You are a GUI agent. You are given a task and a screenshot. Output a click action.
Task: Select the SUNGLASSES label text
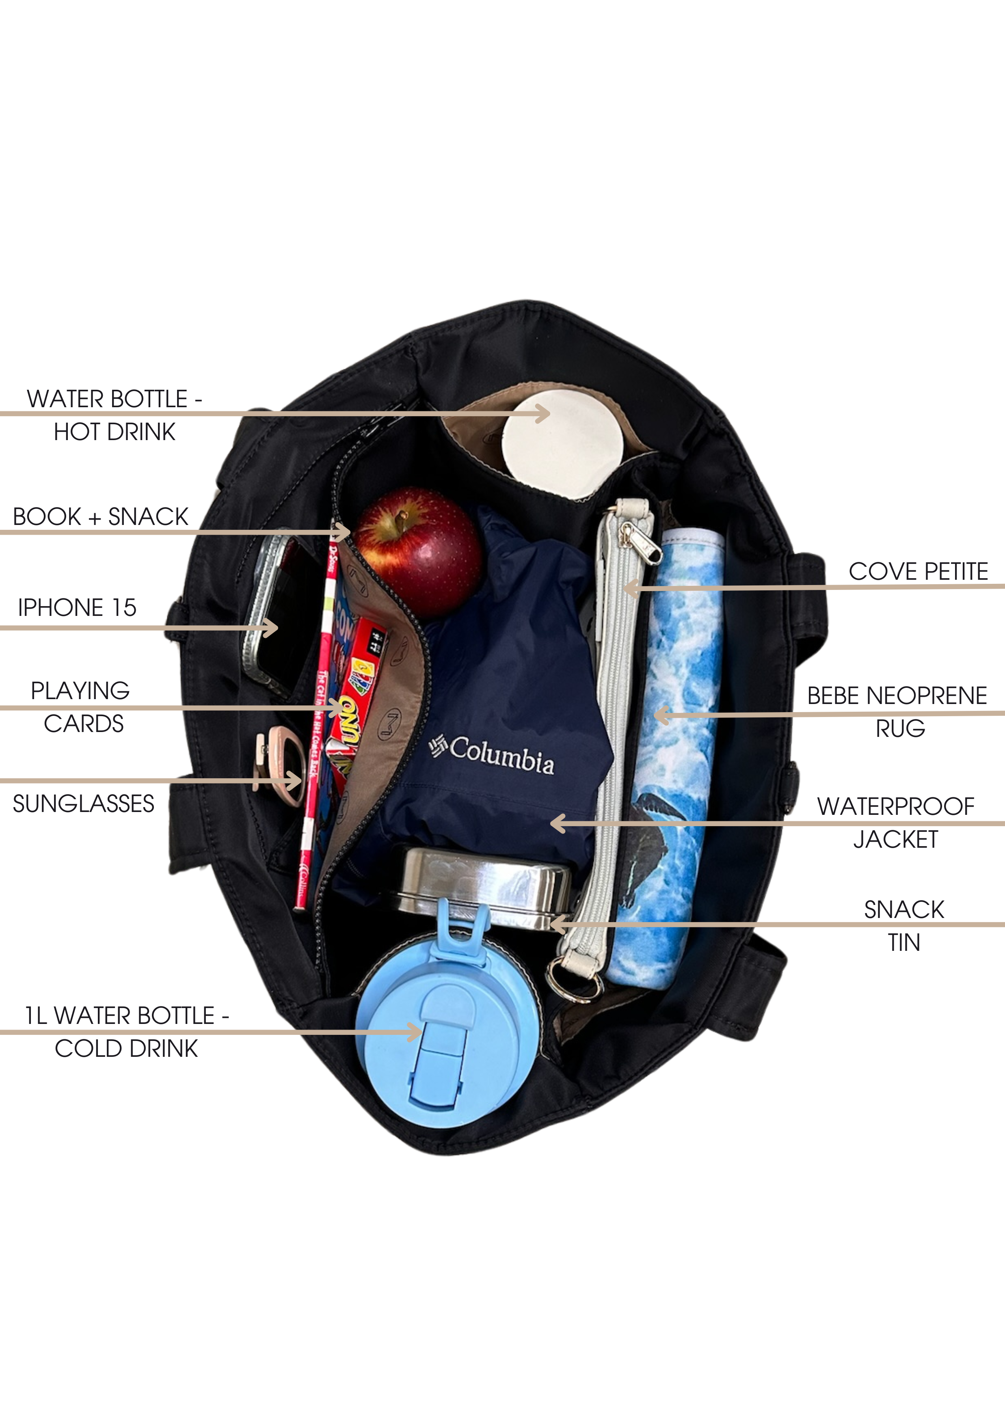[84, 804]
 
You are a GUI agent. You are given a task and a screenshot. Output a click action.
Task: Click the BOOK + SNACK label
[100, 517]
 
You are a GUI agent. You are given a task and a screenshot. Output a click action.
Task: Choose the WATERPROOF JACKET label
[895, 823]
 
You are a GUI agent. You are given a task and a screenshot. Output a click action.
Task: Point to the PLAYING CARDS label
[81, 707]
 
